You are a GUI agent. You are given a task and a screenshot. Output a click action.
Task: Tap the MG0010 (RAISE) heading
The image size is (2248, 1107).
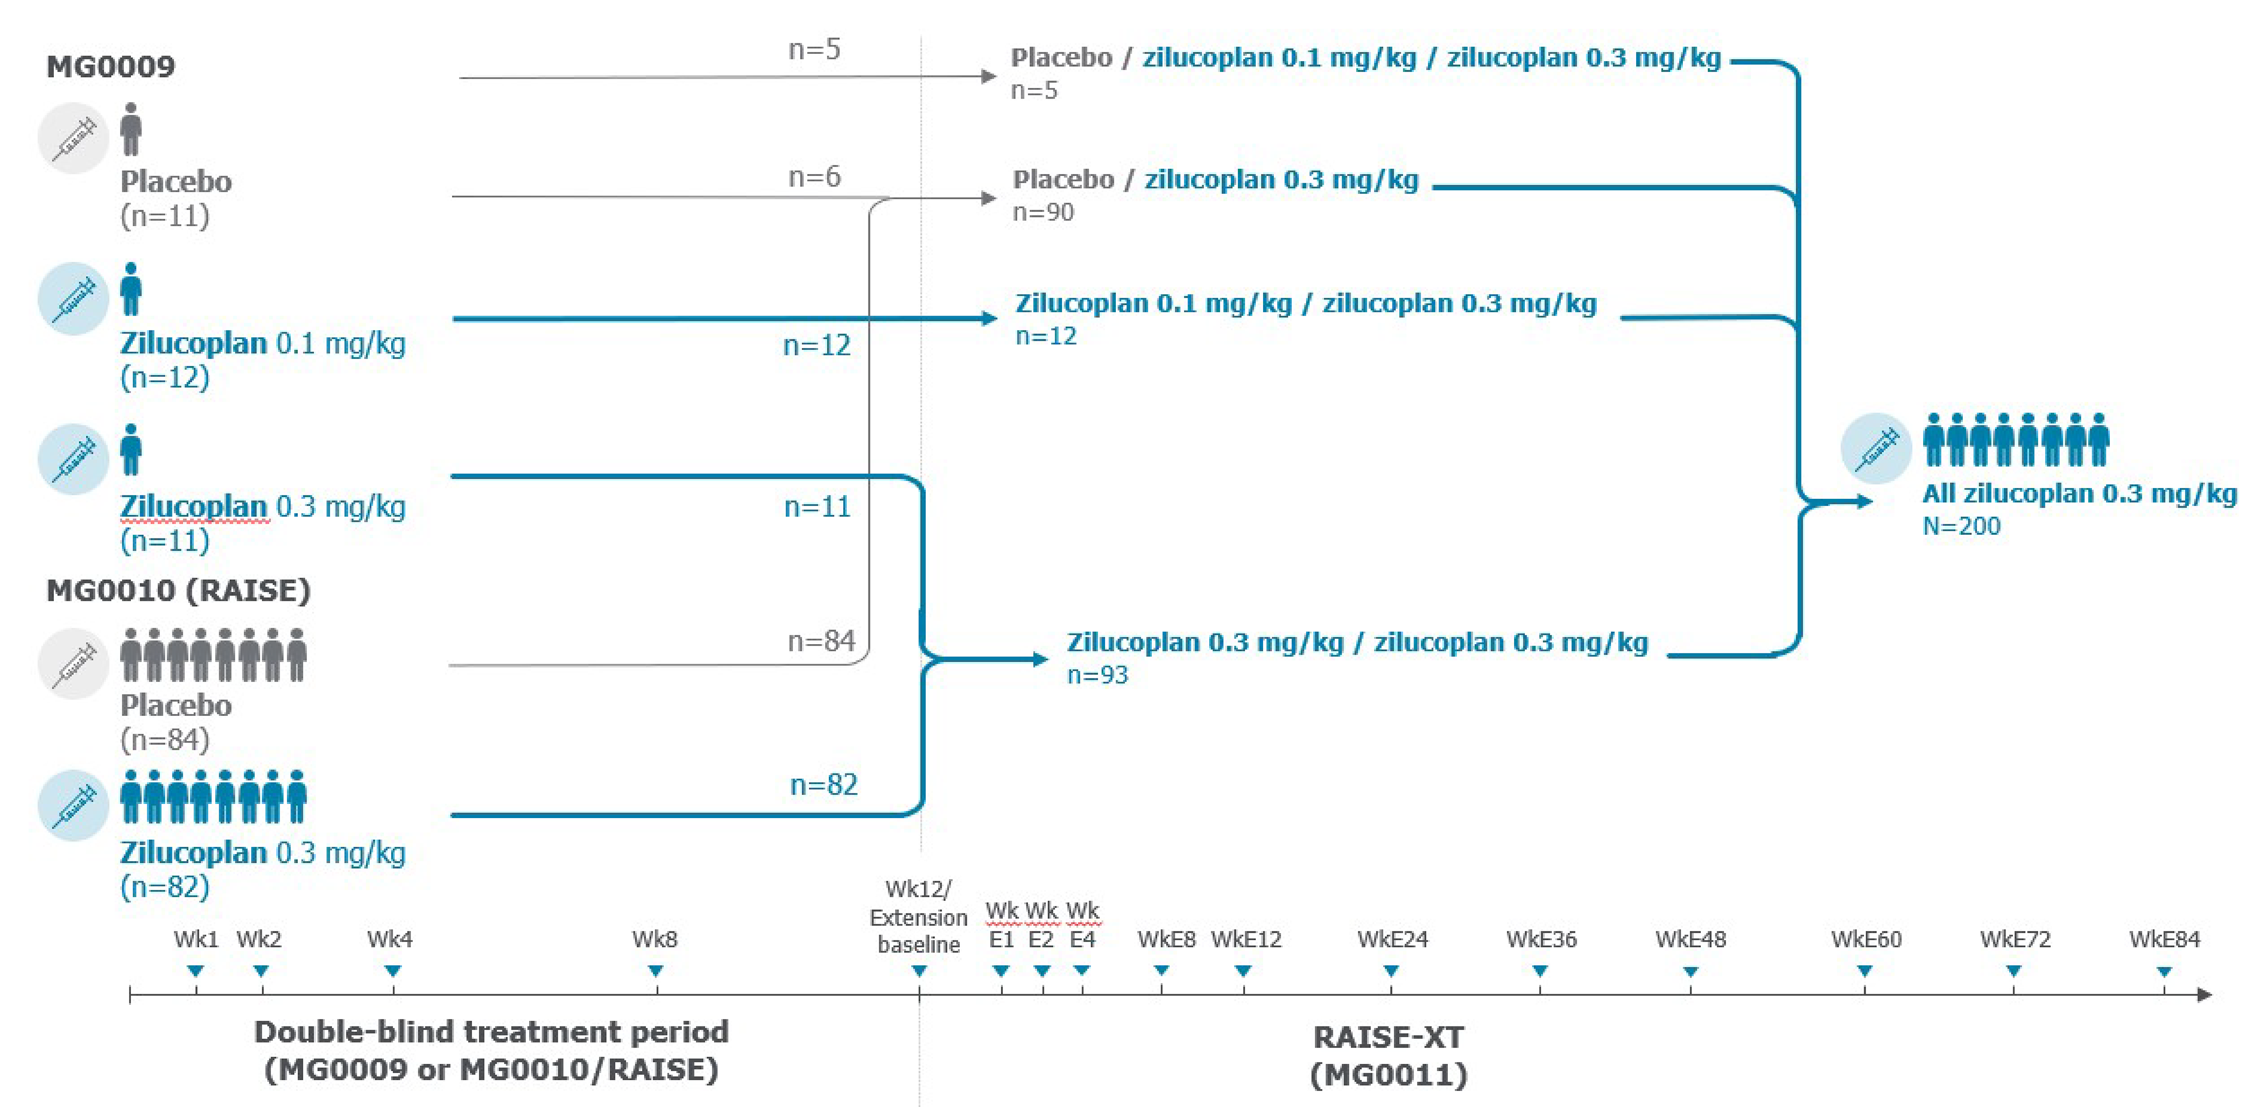pyautogui.click(x=178, y=591)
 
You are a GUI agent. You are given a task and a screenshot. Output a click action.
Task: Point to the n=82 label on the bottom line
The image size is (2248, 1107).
pyautogui.click(x=823, y=784)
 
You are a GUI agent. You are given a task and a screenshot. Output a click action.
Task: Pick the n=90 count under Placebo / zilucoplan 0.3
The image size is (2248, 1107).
pyautogui.click(x=1043, y=212)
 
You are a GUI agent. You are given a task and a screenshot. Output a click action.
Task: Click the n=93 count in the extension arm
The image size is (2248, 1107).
pyautogui.click(x=1097, y=675)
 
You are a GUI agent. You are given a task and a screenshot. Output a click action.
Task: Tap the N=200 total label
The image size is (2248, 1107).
pyautogui.click(x=1961, y=526)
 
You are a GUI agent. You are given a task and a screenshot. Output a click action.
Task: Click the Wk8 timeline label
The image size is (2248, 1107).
pyautogui.click(x=654, y=940)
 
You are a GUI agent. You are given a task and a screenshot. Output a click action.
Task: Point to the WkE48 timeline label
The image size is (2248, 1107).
pyautogui.click(x=1691, y=940)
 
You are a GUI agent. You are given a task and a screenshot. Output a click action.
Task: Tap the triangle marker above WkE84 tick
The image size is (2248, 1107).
pyautogui.click(x=2163, y=971)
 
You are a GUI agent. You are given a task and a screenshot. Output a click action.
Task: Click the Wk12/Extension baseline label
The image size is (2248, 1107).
pyautogui.click(x=918, y=916)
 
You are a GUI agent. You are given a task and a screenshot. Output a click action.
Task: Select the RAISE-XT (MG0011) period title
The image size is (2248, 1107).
pyautogui.click(x=1388, y=1056)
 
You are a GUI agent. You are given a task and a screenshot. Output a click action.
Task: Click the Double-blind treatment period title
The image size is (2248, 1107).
pyautogui.click(x=491, y=1051)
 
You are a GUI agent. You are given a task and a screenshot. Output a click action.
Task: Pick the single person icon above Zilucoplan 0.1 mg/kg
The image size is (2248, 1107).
pyautogui.click(x=131, y=289)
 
